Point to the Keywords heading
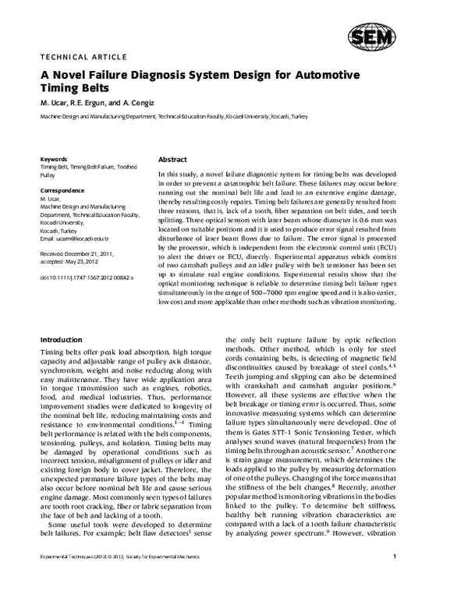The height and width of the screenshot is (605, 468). point(54,158)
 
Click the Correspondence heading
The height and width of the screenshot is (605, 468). point(62,190)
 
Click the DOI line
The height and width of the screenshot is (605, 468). point(87,277)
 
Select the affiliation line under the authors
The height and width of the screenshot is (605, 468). point(174,115)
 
